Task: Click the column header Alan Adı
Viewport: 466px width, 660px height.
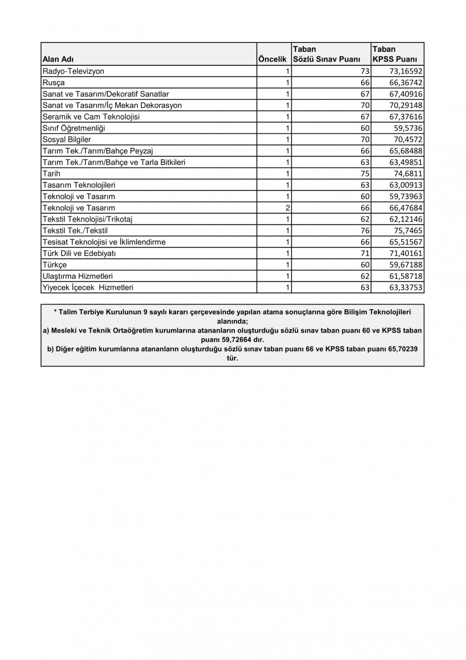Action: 58,60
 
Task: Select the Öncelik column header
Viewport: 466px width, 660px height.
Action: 272,60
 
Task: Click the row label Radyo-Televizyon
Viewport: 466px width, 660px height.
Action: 73,71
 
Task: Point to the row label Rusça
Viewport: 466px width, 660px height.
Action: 54,83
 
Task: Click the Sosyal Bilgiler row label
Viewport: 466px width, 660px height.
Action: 67,139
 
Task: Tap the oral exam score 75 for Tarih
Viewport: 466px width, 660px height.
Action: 365,174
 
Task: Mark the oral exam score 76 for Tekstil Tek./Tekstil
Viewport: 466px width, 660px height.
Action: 365,230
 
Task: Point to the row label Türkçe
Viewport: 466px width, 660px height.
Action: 55,265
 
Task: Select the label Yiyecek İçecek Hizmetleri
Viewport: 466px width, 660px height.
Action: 88,287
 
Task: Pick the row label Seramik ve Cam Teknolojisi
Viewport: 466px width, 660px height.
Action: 91,117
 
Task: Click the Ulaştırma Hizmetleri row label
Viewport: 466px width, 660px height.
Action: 77,276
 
